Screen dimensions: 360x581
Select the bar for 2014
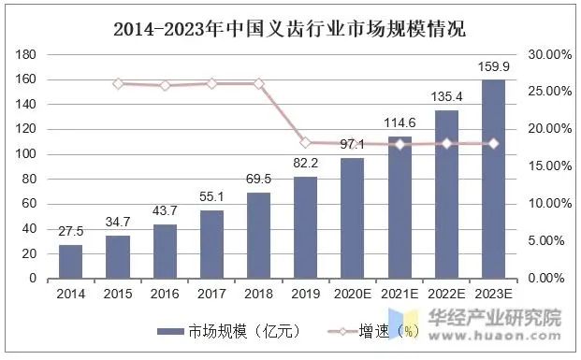click(70, 262)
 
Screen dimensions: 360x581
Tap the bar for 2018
click(258, 236)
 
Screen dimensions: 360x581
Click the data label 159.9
click(494, 67)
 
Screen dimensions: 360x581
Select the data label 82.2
click(305, 164)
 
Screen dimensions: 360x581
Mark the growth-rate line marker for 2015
click(118, 83)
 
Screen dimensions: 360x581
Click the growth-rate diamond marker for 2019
click(305, 142)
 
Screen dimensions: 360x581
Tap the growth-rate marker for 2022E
click(447, 143)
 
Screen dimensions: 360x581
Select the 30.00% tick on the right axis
click(549, 54)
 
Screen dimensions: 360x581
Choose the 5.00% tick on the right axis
click(549, 241)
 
